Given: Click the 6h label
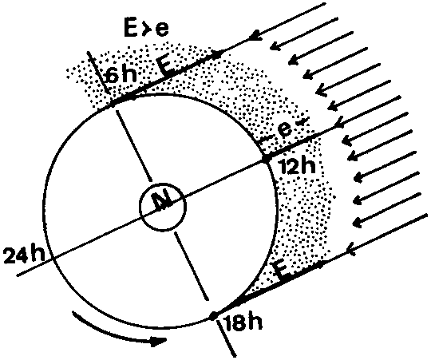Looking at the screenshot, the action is [x=122, y=74].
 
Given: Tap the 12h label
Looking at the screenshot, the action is [x=298, y=166].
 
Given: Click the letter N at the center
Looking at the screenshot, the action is [x=163, y=200].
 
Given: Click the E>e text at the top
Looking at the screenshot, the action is [x=146, y=28].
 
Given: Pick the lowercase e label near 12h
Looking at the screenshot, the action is [x=284, y=129].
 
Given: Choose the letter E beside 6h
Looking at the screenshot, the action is [x=167, y=67].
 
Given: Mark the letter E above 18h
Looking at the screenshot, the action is [x=282, y=270].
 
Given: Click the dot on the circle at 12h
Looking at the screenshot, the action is [x=265, y=159].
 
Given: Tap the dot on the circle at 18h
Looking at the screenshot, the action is [x=213, y=316].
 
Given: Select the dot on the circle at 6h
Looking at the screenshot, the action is [x=113, y=104].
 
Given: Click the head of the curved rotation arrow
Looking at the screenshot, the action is [x=159, y=341].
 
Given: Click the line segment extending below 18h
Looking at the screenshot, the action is [x=226, y=337].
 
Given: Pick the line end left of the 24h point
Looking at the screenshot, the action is [x=17, y=275].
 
